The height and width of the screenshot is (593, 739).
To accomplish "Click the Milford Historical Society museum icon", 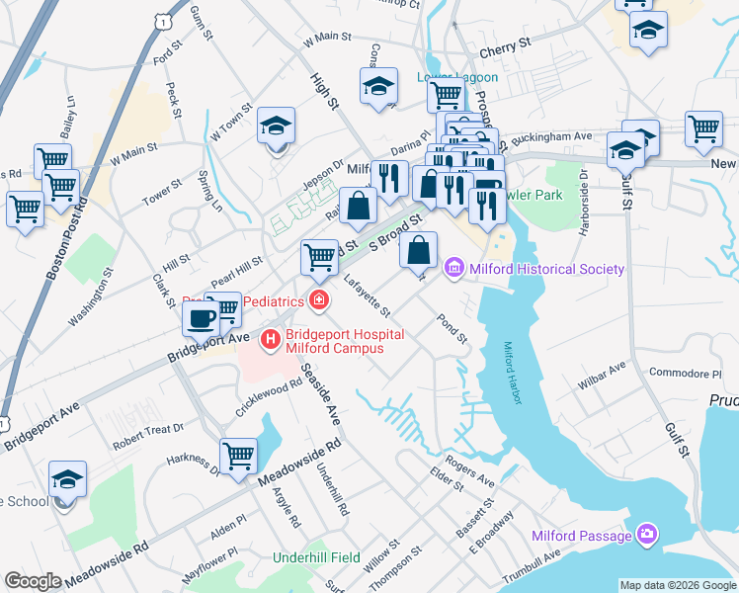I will coord(454,268).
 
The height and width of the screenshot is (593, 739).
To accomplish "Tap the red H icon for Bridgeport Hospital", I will coord(270,340).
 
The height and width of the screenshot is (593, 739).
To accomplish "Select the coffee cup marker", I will coord(201,319).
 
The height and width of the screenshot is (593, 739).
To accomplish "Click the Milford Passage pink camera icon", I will coord(646,535).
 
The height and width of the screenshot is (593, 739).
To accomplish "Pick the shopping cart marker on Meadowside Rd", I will coord(238,457).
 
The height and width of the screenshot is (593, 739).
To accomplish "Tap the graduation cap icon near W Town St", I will coord(277,126).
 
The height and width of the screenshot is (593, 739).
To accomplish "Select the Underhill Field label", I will coord(316,557).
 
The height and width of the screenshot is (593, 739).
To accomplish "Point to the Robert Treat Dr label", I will coord(148,430).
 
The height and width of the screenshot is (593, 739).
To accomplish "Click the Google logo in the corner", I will coord(33,581).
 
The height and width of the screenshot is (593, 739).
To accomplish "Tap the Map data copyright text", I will coord(677,585).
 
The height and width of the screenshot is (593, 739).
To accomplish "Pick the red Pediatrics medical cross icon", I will coord(318,298).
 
